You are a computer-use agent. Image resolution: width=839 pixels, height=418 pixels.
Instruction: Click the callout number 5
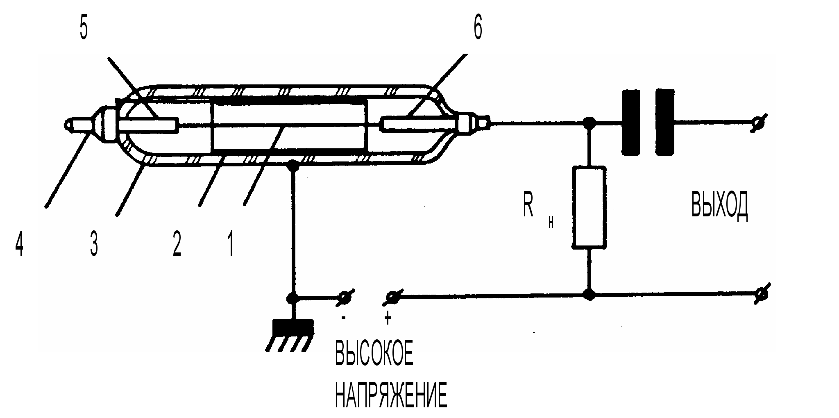[x=84, y=29]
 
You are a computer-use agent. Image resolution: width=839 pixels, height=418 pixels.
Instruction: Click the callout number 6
[x=478, y=29]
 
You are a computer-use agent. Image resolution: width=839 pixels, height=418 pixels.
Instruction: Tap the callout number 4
[x=19, y=243]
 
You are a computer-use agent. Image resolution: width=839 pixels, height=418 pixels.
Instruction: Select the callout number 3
[x=94, y=244]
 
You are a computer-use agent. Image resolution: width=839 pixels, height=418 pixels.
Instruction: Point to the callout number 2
[x=177, y=244]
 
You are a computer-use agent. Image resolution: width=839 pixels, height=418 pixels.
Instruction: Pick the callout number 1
[x=231, y=244]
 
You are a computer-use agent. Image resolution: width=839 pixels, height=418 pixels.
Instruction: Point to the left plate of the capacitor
[x=631, y=122]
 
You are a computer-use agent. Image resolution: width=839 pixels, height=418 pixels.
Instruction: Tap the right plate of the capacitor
[x=664, y=122]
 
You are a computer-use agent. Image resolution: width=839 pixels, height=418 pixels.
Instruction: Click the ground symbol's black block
[x=293, y=327]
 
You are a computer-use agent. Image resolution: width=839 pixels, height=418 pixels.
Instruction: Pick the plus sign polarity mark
[x=388, y=318]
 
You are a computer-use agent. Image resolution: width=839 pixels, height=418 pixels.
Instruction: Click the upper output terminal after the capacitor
[x=758, y=123]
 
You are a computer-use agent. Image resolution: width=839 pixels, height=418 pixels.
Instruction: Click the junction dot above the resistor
[x=589, y=122]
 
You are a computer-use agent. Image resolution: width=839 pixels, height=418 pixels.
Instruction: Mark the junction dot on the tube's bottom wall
[x=293, y=166]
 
